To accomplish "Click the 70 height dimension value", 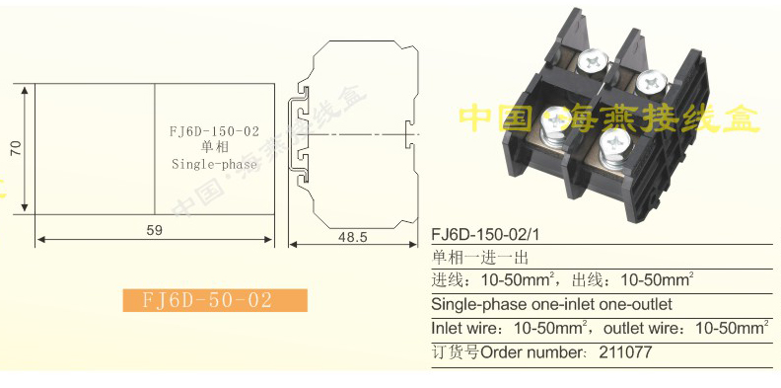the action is pyautogui.click(x=16, y=148).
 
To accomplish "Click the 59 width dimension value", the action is pyautogui.click(x=155, y=230).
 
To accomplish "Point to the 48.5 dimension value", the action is pyautogui.click(x=353, y=236).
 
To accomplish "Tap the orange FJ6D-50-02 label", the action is pyautogui.click(x=215, y=300).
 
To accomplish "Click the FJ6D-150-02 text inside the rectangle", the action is pyautogui.click(x=214, y=131).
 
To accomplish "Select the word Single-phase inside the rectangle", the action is pyautogui.click(x=214, y=164).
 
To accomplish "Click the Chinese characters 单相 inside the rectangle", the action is pyautogui.click(x=214, y=148).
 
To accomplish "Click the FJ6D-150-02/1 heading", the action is pyautogui.click(x=485, y=234).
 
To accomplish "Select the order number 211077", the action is pyautogui.click(x=624, y=352).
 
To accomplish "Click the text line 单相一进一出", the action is pyautogui.click(x=479, y=258).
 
